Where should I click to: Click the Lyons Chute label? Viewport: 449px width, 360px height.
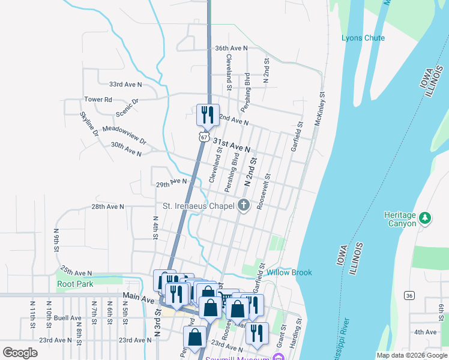(x=363, y=38)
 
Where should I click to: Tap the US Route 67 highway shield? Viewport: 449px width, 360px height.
(x=204, y=137)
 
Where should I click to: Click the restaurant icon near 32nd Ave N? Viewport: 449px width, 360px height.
(x=208, y=115)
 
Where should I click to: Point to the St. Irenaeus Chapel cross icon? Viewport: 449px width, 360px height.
(x=244, y=206)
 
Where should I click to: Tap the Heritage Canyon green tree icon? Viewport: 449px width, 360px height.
(x=426, y=217)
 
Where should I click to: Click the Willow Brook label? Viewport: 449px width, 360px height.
(x=289, y=272)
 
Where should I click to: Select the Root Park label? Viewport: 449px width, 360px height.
(x=75, y=284)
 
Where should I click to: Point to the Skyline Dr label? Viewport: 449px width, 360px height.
(x=89, y=124)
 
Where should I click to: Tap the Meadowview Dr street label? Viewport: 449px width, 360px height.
(x=124, y=133)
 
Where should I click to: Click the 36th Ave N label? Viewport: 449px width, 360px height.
(x=231, y=48)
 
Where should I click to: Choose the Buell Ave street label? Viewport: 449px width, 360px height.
(x=67, y=318)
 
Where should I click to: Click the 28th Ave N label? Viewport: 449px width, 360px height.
(x=107, y=206)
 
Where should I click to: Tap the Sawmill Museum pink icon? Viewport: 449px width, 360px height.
(x=277, y=358)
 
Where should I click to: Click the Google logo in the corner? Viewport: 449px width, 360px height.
(x=20, y=353)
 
